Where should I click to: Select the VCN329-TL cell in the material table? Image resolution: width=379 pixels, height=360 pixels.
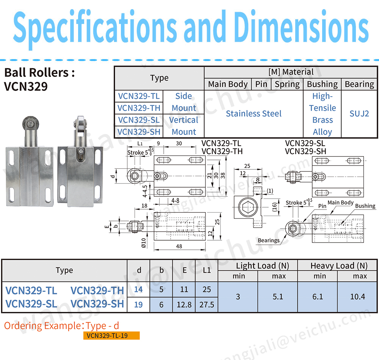(x=138, y=96)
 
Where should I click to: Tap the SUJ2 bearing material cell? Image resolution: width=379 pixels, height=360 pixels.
(x=359, y=114)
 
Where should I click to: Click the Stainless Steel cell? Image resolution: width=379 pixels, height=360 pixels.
(x=254, y=114)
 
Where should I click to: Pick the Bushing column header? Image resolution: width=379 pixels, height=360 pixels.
(x=322, y=84)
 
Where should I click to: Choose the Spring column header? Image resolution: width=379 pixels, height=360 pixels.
(x=287, y=84)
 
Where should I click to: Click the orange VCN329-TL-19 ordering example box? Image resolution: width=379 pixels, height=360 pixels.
(x=111, y=335)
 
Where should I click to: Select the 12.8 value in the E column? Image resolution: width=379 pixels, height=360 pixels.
(x=184, y=304)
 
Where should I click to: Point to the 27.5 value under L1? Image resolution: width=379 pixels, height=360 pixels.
(x=207, y=304)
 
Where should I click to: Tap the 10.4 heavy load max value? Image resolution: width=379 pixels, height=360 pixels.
(x=357, y=296)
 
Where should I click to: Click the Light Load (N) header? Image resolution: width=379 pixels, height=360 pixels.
(x=258, y=266)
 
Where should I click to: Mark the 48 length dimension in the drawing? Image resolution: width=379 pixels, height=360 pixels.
(x=179, y=246)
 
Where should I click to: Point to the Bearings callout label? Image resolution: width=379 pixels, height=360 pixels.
(x=268, y=240)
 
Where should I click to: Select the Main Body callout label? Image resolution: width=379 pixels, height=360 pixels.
(x=340, y=203)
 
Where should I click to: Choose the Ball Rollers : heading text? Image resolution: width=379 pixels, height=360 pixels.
(x=39, y=73)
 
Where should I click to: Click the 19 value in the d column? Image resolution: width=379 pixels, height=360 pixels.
(x=138, y=304)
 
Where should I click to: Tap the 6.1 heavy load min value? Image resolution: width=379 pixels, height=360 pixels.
(x=318, y=296)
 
